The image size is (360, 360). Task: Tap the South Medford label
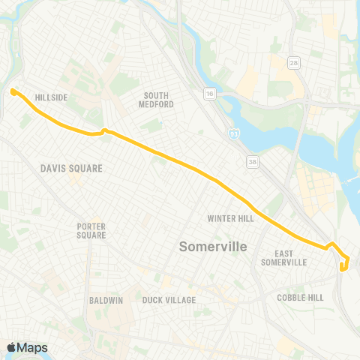(158, 100)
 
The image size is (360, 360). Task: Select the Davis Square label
(71, 169)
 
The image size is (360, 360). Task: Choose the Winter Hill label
(231, 219)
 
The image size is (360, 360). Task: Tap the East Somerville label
(284, 259)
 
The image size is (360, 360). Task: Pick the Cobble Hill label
(301, 298)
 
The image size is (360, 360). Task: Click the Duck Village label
(169, 301)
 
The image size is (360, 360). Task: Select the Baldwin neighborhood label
(106, 301)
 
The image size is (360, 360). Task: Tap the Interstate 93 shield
(235, 133)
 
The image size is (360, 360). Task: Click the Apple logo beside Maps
(11, 347)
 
